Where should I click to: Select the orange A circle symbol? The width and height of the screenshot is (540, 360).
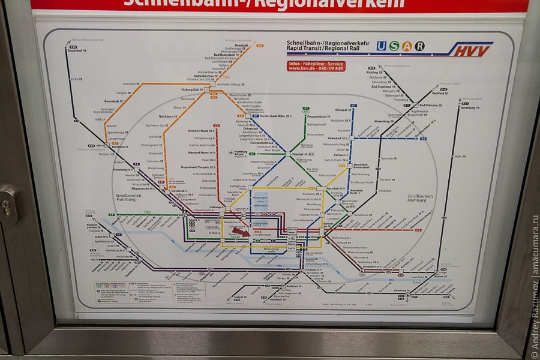[x=407, y=46]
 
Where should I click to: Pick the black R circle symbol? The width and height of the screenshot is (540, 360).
[x=419, y=46]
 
